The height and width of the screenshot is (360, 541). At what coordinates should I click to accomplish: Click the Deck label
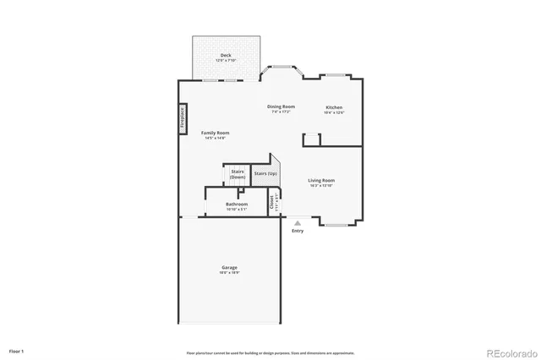pyautogui.click(x=226, y=55)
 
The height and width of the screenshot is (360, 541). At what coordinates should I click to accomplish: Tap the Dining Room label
pyautogui.click(x=281, y=106)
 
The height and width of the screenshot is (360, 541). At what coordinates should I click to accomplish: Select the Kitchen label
pyautogui.click(x=335, y=107)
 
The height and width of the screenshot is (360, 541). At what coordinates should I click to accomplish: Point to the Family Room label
pyautogui.click(x=215, y=133)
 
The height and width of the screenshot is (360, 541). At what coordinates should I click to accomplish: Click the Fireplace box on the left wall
pyautogui.click(x=182, y=118)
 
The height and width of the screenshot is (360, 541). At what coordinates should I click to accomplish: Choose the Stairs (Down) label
pyautogui.click(x=238, y=174)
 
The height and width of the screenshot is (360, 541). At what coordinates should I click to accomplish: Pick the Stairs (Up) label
pyautogui.click(x=265, y=173)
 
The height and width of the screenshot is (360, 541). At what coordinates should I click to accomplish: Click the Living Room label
pyautogui.click(x=321, y=180)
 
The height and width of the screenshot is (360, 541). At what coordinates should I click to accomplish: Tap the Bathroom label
pyautogui.click(x=237, y=204)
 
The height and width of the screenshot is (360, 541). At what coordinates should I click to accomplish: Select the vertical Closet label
pyautogui.click(x=272, y=203)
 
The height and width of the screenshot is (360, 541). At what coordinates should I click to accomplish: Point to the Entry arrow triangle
pyautogui.click(x=297, y=223)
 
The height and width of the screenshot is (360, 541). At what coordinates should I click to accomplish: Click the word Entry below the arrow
pyautogui.click(x=298, y=231)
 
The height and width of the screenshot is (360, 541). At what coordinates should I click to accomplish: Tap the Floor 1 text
pyautogui.click(x=17, y=350)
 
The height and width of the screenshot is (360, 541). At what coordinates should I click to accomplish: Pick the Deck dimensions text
pyautogui.click(x=226, y=61)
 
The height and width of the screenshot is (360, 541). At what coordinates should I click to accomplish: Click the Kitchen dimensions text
pyautogui.click(x=335, y=112)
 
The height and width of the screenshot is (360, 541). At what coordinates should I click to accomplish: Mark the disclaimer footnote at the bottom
pyautogui.click(x=270, y=352)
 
